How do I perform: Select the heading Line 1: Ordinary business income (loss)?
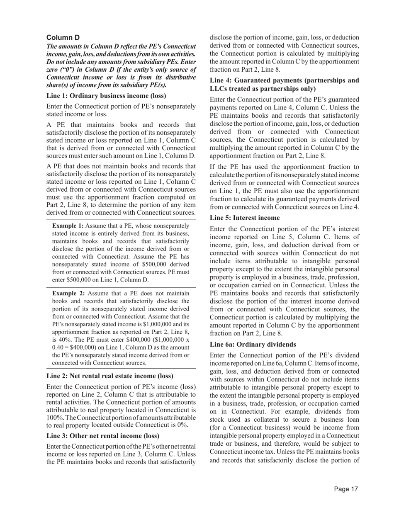[x=106, y=96]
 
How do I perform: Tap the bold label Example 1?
[x=68, y=226]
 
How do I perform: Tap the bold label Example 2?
[x=68, y=294]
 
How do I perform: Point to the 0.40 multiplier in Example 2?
[x=58, y=347]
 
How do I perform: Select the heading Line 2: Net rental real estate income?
[x=110, y=376]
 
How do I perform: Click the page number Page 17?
[x=346, y=489]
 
